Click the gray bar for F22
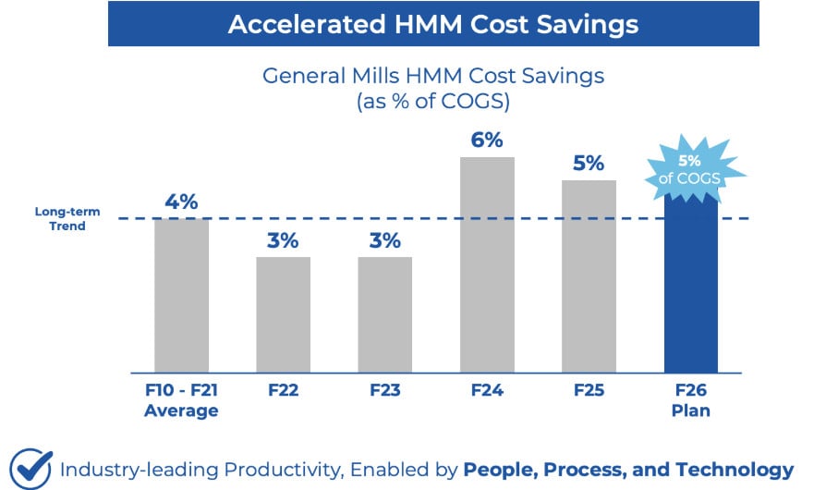click(283, 314)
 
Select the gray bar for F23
click(384, 314)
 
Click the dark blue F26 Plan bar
click(691, 287)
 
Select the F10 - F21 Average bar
click(181, 296)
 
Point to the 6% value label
click(487, 141)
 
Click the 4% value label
click(181, 202)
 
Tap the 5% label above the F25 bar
click(589, 164)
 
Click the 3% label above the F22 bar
click(283, 240)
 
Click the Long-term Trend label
click(60, 219)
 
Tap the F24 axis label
click(487, 391)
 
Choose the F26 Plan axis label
click(691, 400)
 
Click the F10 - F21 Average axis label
click(181, 400)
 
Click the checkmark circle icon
click(30, 468)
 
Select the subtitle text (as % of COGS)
click(433, 102)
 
